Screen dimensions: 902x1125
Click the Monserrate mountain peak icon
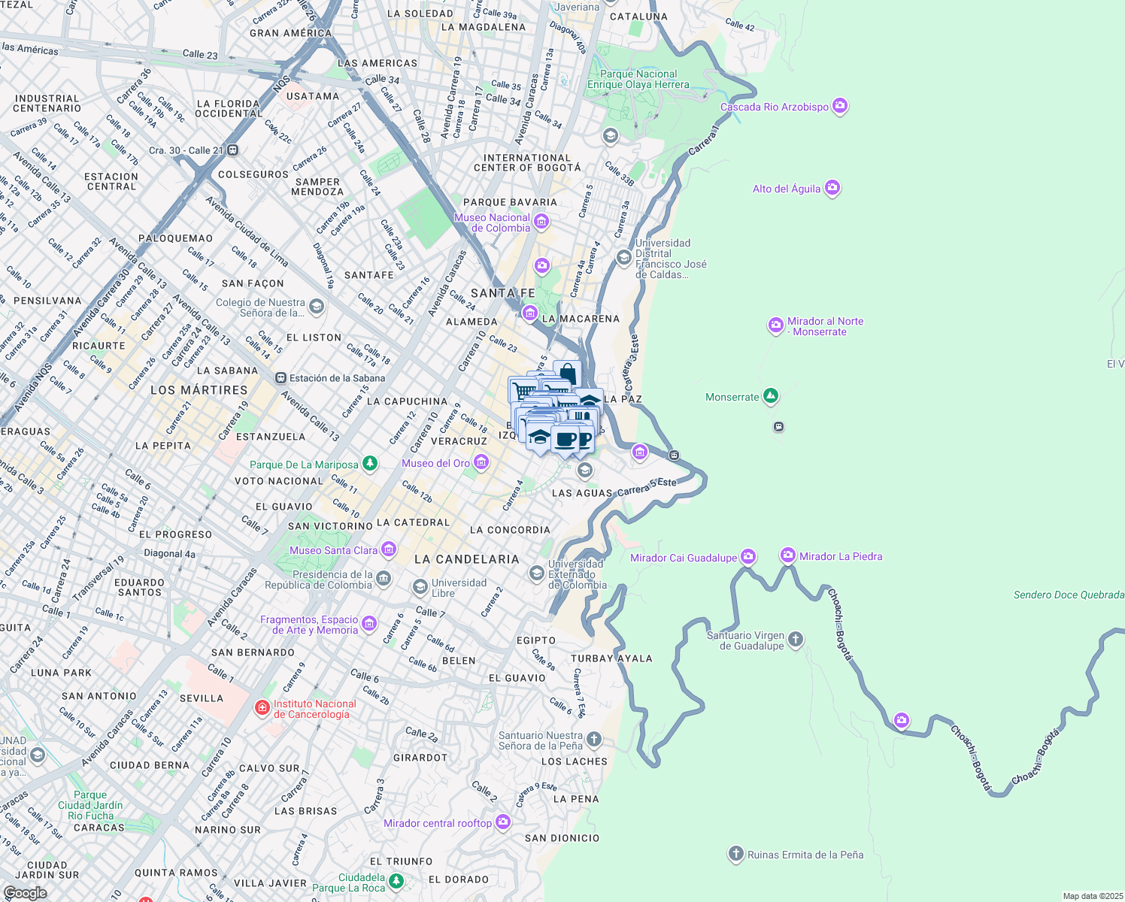point(770,396)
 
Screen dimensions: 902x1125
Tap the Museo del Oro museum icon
point(481,462)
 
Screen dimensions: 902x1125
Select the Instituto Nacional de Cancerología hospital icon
point(262,708)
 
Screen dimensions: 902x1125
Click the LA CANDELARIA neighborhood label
point(466,559)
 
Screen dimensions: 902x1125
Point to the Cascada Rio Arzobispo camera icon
point(840,106)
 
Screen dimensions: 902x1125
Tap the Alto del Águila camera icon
point(832,188)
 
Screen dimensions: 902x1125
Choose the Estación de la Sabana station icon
point(280,378)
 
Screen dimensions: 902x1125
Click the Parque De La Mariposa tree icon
point(369,464)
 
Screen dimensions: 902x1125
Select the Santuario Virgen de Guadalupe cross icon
point(796,640)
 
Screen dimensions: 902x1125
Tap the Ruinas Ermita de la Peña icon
point(735,854)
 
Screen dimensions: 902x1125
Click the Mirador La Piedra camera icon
point(787,555)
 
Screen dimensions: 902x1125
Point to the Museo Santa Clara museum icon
point(389,549)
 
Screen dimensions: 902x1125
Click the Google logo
point(25,893)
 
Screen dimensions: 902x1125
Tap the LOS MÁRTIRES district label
point(199,390)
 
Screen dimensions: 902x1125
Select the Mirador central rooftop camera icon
point(503,822)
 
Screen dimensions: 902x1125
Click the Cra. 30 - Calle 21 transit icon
point(233,150)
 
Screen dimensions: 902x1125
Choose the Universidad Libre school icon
point(420,586)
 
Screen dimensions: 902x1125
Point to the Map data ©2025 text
point(1092,896)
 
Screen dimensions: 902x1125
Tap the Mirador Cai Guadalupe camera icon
point(747,556)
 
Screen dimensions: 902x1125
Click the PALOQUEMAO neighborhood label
point(175,238)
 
